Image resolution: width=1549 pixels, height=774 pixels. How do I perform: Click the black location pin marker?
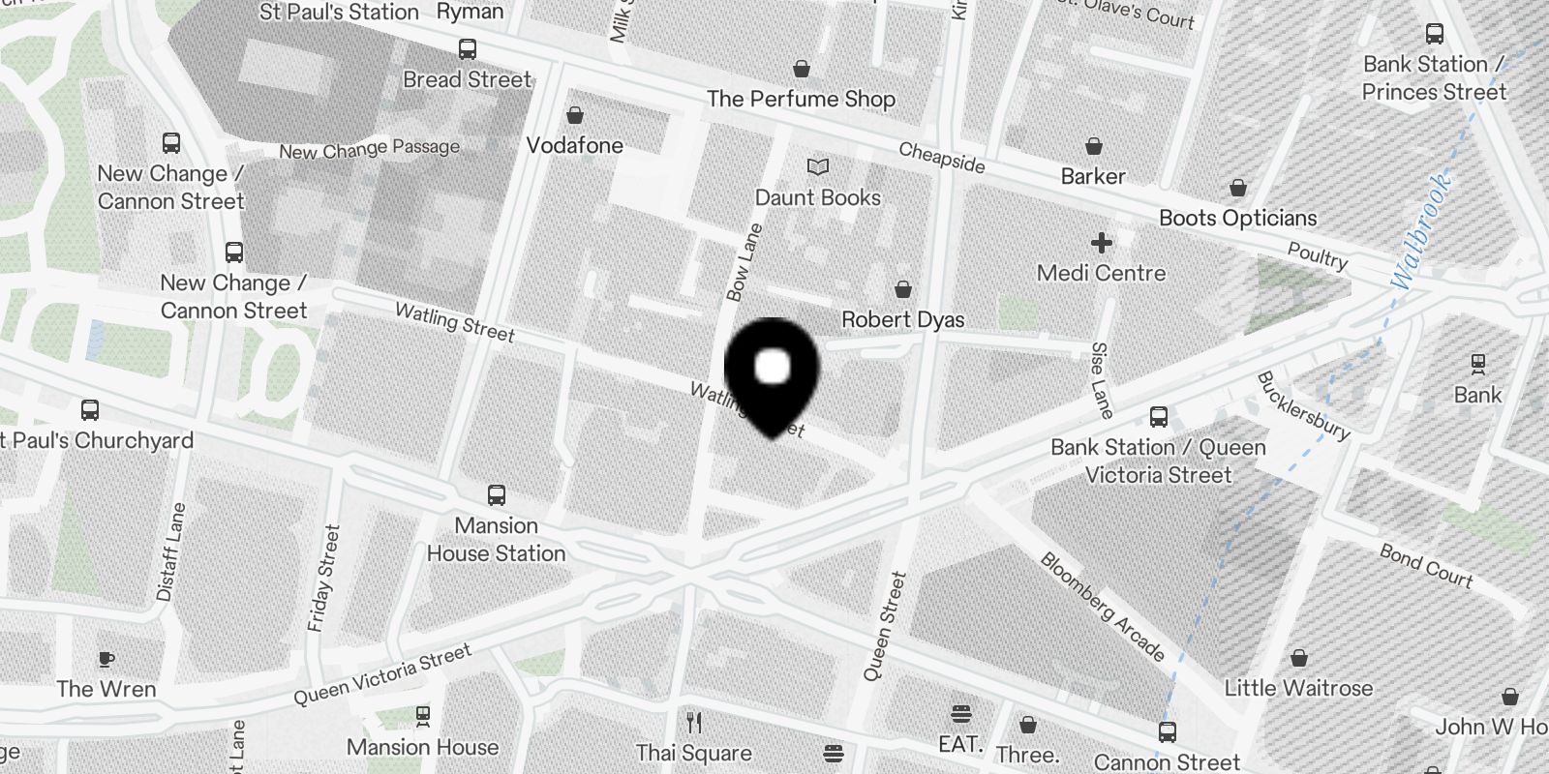(772, 373)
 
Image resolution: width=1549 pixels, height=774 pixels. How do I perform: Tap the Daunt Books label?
(818, 198)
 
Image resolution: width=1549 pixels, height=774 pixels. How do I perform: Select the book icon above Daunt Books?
(818, 167)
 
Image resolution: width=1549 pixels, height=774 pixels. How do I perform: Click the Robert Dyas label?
(902, 319)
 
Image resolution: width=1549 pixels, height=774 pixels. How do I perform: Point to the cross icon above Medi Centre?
(1101, 243)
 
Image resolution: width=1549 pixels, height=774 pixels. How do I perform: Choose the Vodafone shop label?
(575, 146)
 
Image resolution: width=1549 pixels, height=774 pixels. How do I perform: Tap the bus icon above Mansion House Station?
(497, 495)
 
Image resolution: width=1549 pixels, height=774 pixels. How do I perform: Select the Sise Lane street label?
(1101, 379)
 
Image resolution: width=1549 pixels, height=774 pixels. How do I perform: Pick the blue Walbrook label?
(1420, 230)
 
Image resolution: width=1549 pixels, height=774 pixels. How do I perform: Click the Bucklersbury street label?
(1302, 405)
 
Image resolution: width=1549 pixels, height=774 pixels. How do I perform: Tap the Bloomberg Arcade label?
(1102, 606)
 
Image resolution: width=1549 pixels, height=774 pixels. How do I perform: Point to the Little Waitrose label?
(1298, 689)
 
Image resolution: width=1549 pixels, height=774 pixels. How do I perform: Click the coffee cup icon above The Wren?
(106, 660)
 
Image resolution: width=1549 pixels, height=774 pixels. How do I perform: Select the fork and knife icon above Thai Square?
(693, 722)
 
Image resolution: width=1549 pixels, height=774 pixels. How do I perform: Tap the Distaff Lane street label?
(170, 551)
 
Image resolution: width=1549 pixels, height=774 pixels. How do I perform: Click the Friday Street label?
(324, 578)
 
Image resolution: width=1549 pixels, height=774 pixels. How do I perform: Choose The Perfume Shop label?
(801, 99)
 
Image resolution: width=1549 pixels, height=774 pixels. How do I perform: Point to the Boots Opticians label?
(1237, 219)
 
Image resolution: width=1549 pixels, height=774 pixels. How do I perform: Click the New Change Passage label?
(369, 149)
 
